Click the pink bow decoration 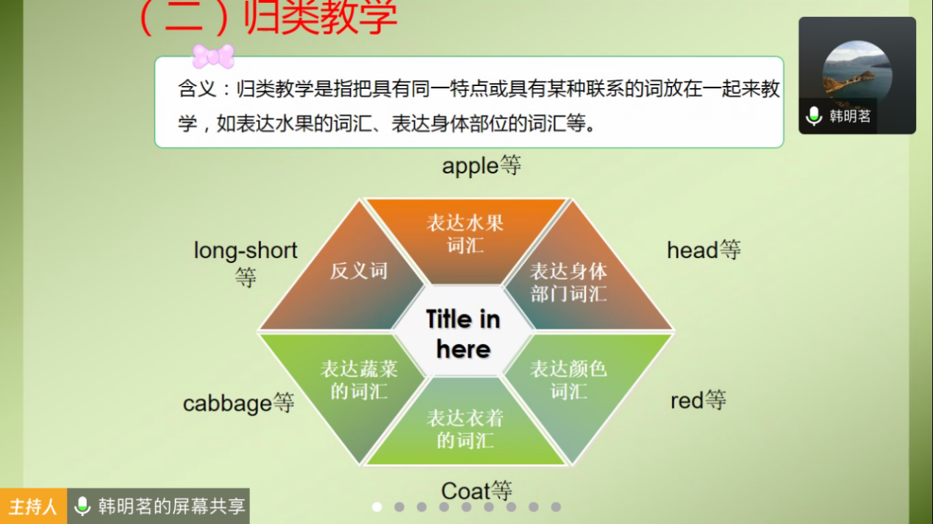click(x=213, y=56)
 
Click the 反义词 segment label click(x=359, y=271)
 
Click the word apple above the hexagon click(x=471, y=166)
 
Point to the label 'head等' click(x=704, y=250)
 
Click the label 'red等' click(x=698, y=401)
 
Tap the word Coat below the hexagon click(x=465, y=491)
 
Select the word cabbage click(x=227, y=403)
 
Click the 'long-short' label click(x=246, y=251)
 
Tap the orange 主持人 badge click(x=33, y=506)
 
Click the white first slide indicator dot click(x=377, y=507)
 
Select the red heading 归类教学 click(x=321, y=18)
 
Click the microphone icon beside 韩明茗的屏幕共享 click(x=82, y=506)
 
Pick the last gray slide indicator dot click(x=556, y=507)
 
